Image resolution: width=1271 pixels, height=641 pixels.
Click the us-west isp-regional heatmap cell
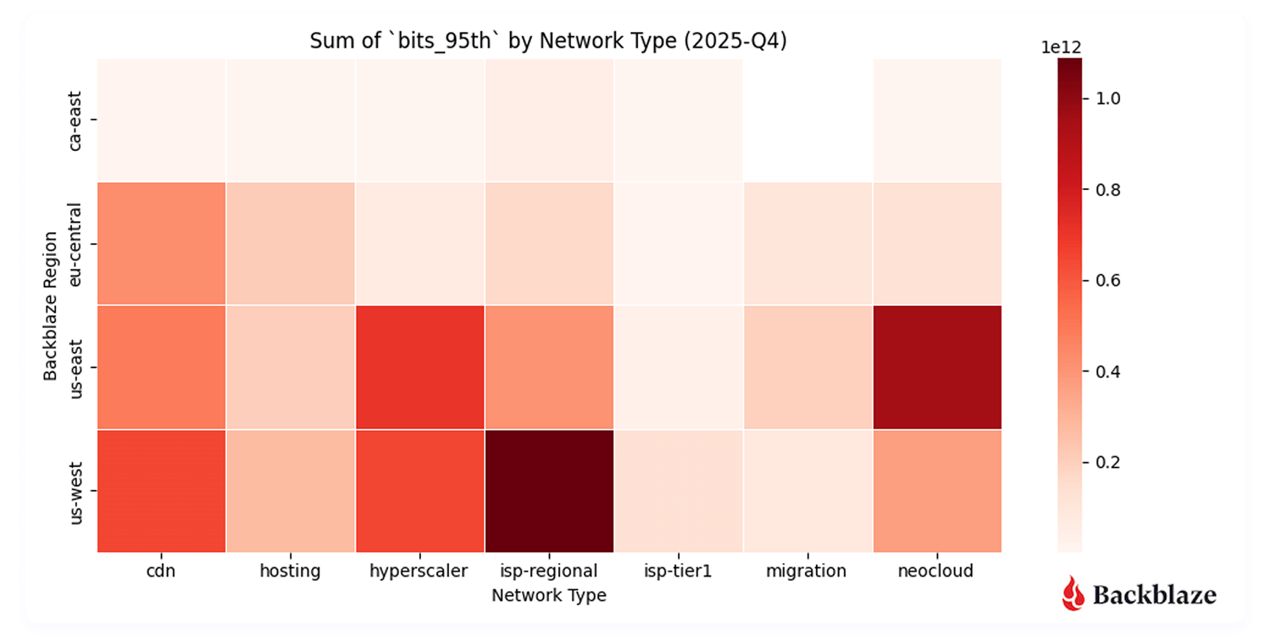pos(549,491)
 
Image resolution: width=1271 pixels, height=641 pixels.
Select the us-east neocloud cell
pos(936,367)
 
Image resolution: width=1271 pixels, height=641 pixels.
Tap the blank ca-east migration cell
pos(807,120)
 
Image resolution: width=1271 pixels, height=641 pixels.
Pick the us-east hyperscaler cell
pos(419,367)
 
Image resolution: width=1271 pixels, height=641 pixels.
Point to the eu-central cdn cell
pos(161,243)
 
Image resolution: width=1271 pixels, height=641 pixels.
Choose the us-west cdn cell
pos(161,491)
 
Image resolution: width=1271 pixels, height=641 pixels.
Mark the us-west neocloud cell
pos(936,491)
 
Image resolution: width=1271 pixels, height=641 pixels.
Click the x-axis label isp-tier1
pos(677,571)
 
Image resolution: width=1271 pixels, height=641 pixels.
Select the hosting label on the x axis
pos(290,571)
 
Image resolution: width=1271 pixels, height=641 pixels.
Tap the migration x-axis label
pos(806,571)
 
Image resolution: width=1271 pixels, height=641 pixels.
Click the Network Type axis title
pos(549,595)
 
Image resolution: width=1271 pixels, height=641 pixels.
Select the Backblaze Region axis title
pos(52,305)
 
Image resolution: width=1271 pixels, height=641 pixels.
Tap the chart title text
pos(548,42)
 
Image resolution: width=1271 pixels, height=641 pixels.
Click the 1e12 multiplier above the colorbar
pos(1061,48)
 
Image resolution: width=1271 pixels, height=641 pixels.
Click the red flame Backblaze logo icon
pos(1074,594)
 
